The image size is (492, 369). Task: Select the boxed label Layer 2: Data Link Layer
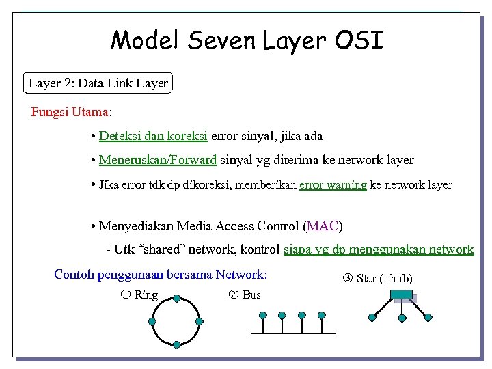click(98, 83)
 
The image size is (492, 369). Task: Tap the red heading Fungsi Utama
click(70, 111)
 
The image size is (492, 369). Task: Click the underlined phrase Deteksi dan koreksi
click(153, 136)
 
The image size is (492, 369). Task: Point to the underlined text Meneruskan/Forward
click(158, 160)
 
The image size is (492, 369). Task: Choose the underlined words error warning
click(333, 184)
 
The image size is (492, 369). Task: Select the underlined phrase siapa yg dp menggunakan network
click(378, 249)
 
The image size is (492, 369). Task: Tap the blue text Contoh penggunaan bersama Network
click(160, 275)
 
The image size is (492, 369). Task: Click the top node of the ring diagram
click(176, 299)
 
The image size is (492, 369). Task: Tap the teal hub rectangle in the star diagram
click(402, 295)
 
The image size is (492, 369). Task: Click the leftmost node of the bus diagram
click(262, 316)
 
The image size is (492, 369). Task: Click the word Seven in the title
click(222, 40)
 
